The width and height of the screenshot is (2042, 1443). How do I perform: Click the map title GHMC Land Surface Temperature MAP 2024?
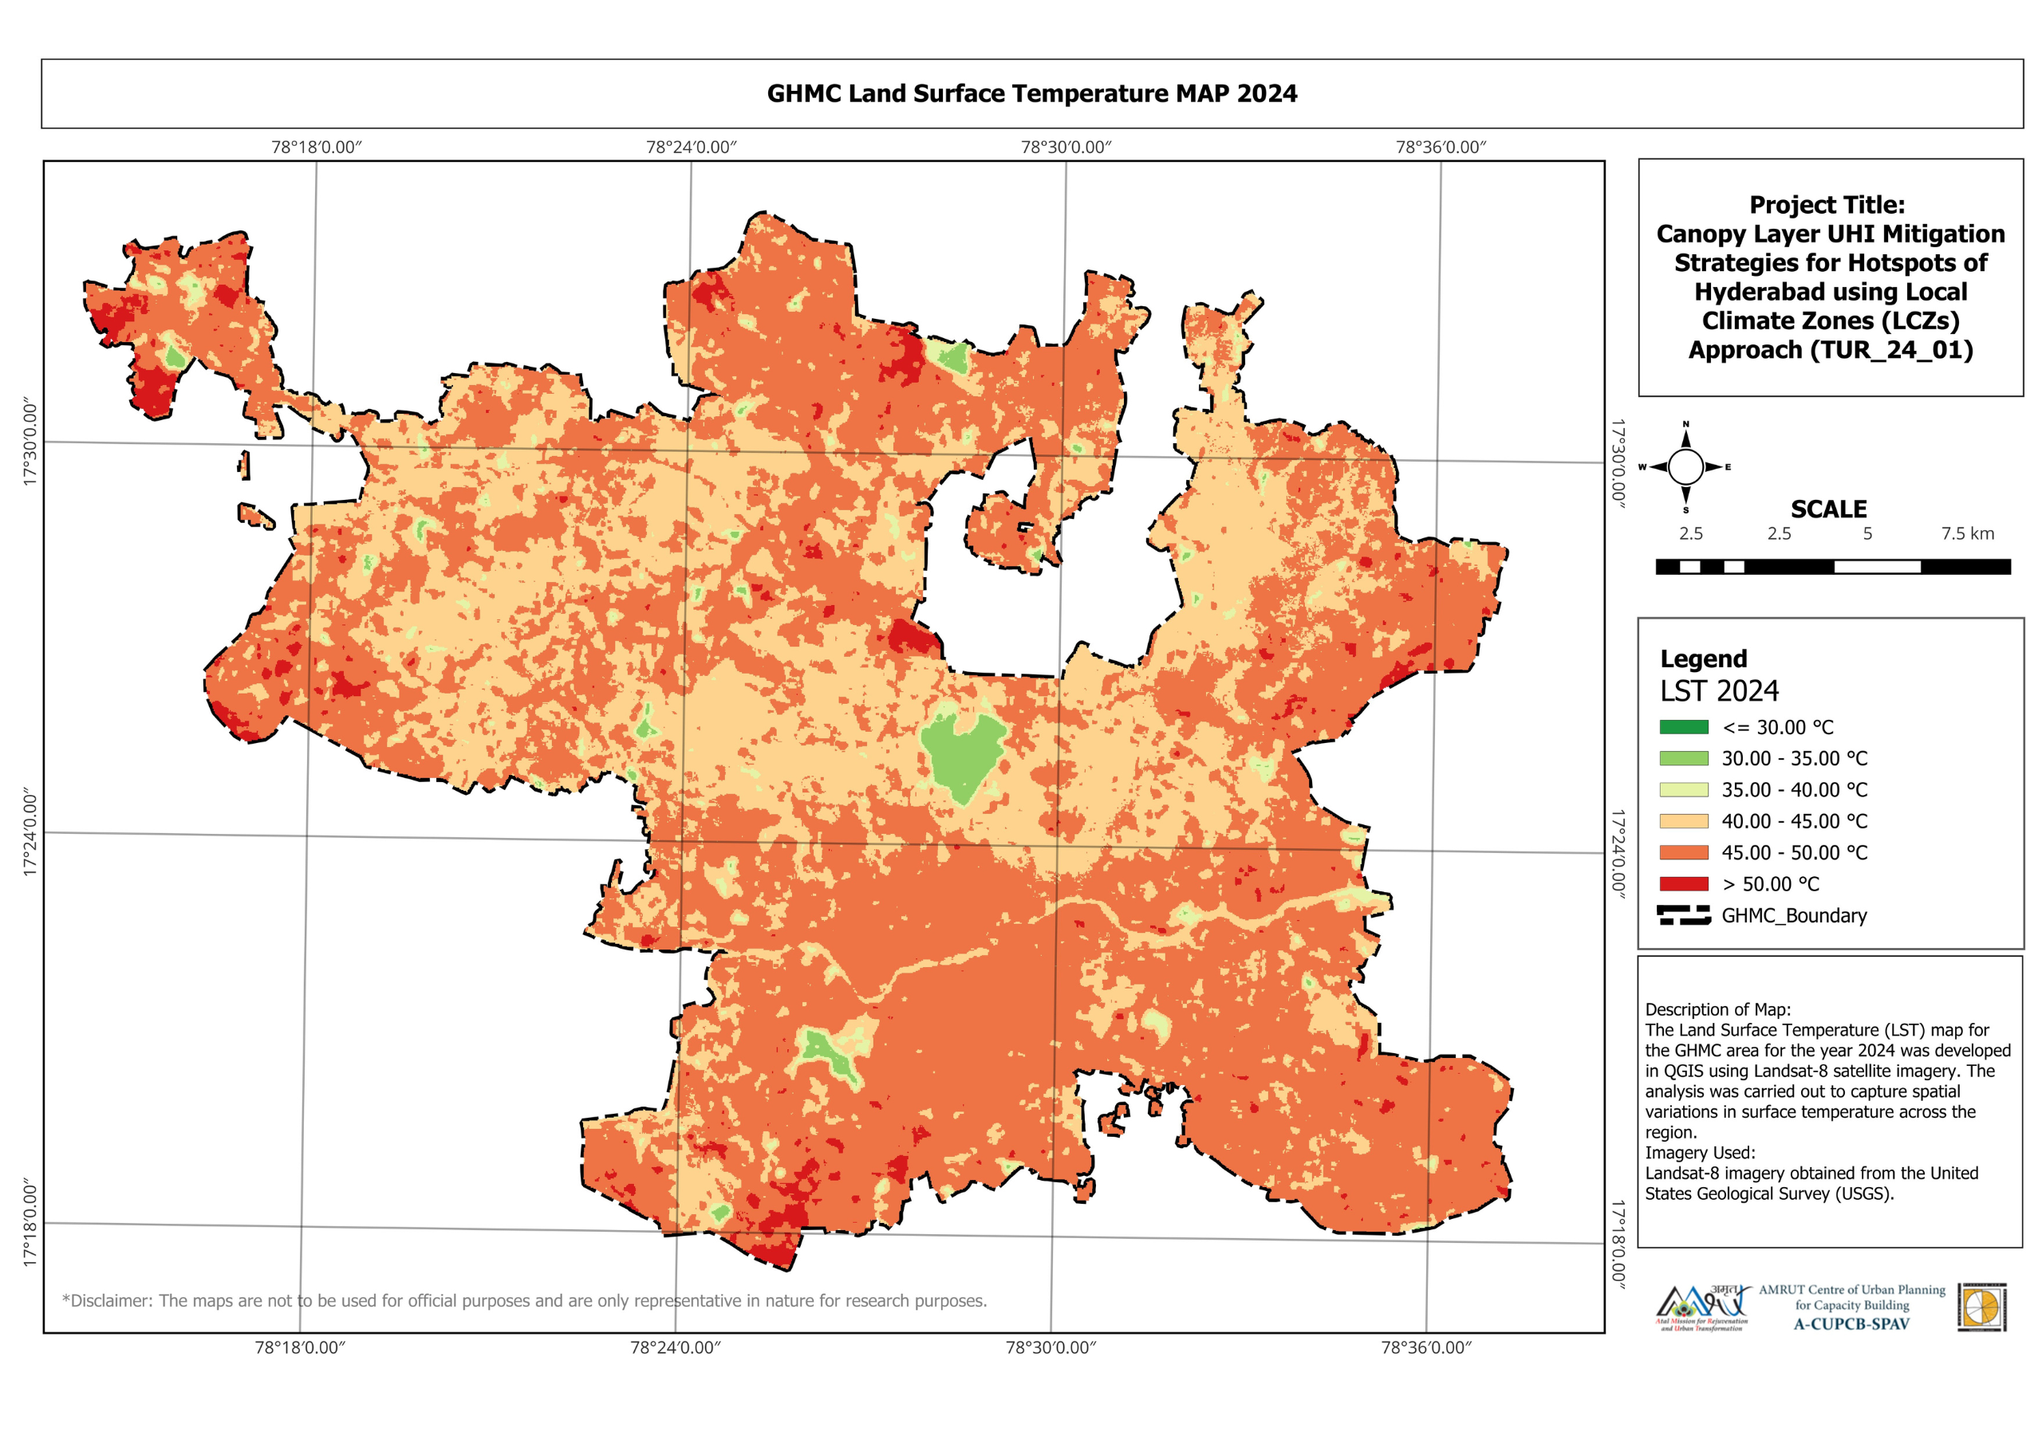pos(1031,93)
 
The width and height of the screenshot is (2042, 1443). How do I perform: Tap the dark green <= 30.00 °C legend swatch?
pos(1683,727)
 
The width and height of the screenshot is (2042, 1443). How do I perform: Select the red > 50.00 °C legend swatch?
pos(1683,884)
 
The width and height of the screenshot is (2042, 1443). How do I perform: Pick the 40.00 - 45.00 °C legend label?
pos(1794,821)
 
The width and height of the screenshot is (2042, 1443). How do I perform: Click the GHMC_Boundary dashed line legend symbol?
pos(1683,916)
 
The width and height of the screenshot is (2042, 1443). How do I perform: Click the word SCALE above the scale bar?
pos(1827,509)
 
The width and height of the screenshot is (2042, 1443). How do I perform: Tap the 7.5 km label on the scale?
pos(1967,533)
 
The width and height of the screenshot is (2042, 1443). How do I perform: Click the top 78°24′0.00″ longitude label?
pos(691,147)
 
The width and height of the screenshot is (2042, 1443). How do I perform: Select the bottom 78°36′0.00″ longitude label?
pos(1425,1348)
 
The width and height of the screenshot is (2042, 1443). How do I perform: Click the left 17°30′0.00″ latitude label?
pos(31,442)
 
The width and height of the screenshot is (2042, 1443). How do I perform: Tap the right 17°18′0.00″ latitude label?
pos(1618,1242)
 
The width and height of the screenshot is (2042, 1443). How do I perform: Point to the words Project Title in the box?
pos(1827,205)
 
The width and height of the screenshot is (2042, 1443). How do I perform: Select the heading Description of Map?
pos(1717,1010)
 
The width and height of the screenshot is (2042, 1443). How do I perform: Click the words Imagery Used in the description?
pos(1700,1153)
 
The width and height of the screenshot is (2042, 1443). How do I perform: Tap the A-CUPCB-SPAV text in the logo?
pos(1851,1324)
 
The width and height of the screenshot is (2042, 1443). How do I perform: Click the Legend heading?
pos(1703,659)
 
